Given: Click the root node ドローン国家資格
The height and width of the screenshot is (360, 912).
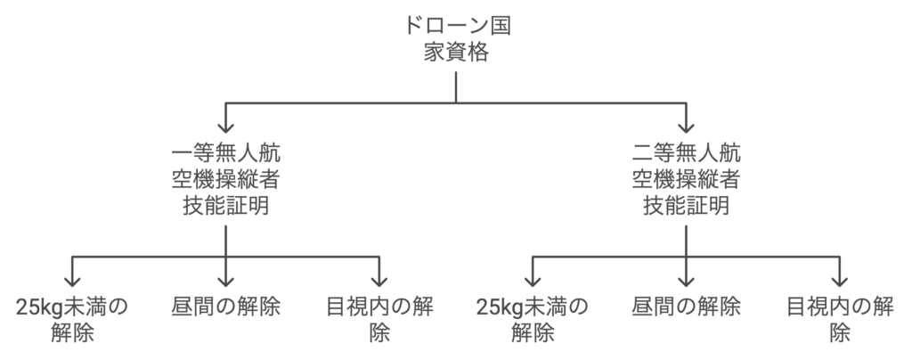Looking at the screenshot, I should click(x=456, y=39).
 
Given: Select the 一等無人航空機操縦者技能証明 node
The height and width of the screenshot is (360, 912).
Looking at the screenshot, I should click(x=225, y=177).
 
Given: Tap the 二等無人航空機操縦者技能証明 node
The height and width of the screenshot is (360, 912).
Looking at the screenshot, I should click(x=686, y=177).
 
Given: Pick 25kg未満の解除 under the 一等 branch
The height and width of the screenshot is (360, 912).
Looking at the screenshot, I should click(x=72, y=319).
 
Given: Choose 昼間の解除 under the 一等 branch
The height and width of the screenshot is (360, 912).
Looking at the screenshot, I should click(x=226, y=307).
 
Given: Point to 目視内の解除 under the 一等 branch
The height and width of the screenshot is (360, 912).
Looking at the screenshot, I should click(x=380, y=319).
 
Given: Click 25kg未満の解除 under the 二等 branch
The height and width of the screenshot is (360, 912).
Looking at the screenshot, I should click(x=533, y=319).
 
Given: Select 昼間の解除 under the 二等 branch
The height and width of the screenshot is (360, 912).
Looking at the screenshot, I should click(x=687, y=307).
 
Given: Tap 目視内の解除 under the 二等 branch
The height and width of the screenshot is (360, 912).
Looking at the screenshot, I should click(x=840, y=319).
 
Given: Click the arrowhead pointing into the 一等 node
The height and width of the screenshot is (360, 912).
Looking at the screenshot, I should click(x=225, y=126).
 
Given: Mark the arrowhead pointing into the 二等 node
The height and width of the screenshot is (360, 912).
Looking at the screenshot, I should click(x=687, y=126).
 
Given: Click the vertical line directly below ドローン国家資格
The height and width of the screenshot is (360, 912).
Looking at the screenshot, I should click(x=456, y=86).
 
